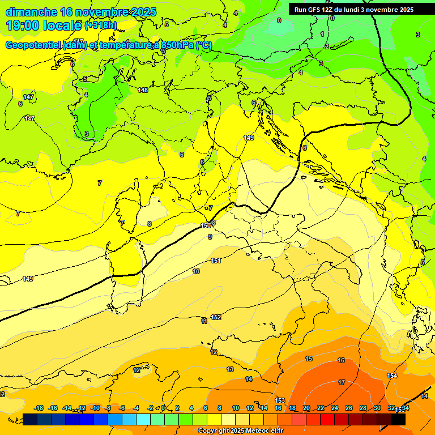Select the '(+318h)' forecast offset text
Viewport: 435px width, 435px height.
101,25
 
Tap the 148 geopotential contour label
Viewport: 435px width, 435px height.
143,90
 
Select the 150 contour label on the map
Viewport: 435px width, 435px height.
206,225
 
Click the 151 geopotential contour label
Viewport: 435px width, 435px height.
215,261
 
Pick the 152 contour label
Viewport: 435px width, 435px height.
216,318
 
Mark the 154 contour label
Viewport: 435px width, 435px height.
392,376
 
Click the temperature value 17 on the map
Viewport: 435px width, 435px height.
342,383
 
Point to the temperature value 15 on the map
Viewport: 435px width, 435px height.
309,359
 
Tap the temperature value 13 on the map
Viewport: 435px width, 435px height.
229,369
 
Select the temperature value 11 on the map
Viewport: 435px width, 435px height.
204,321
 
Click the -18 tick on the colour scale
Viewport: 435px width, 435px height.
39,408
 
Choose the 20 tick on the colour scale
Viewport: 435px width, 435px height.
306,408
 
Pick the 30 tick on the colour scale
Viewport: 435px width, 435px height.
377,408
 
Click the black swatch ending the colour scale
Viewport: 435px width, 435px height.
398,419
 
